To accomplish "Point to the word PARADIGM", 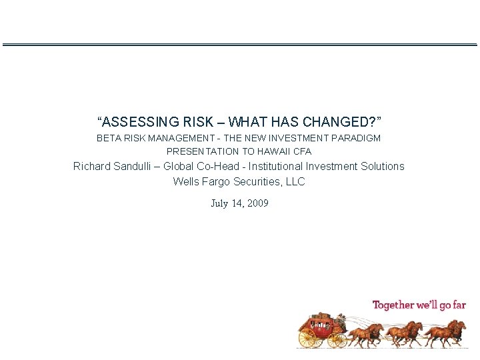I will pos(358,138).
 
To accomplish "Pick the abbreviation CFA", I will pos(301,151).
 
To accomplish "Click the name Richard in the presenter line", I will pos(93,166).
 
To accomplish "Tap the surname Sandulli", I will pos(135,166).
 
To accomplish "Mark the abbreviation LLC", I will pos(295,181).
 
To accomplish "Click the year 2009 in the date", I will pos(257,203).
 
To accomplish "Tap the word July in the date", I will pos(219,203).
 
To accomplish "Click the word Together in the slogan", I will pos(393,305).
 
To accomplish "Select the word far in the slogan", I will pos(458,305).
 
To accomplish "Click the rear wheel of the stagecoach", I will pos(308,338).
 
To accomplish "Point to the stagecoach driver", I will pos(339,320).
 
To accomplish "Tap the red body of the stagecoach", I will pos(322,329).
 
